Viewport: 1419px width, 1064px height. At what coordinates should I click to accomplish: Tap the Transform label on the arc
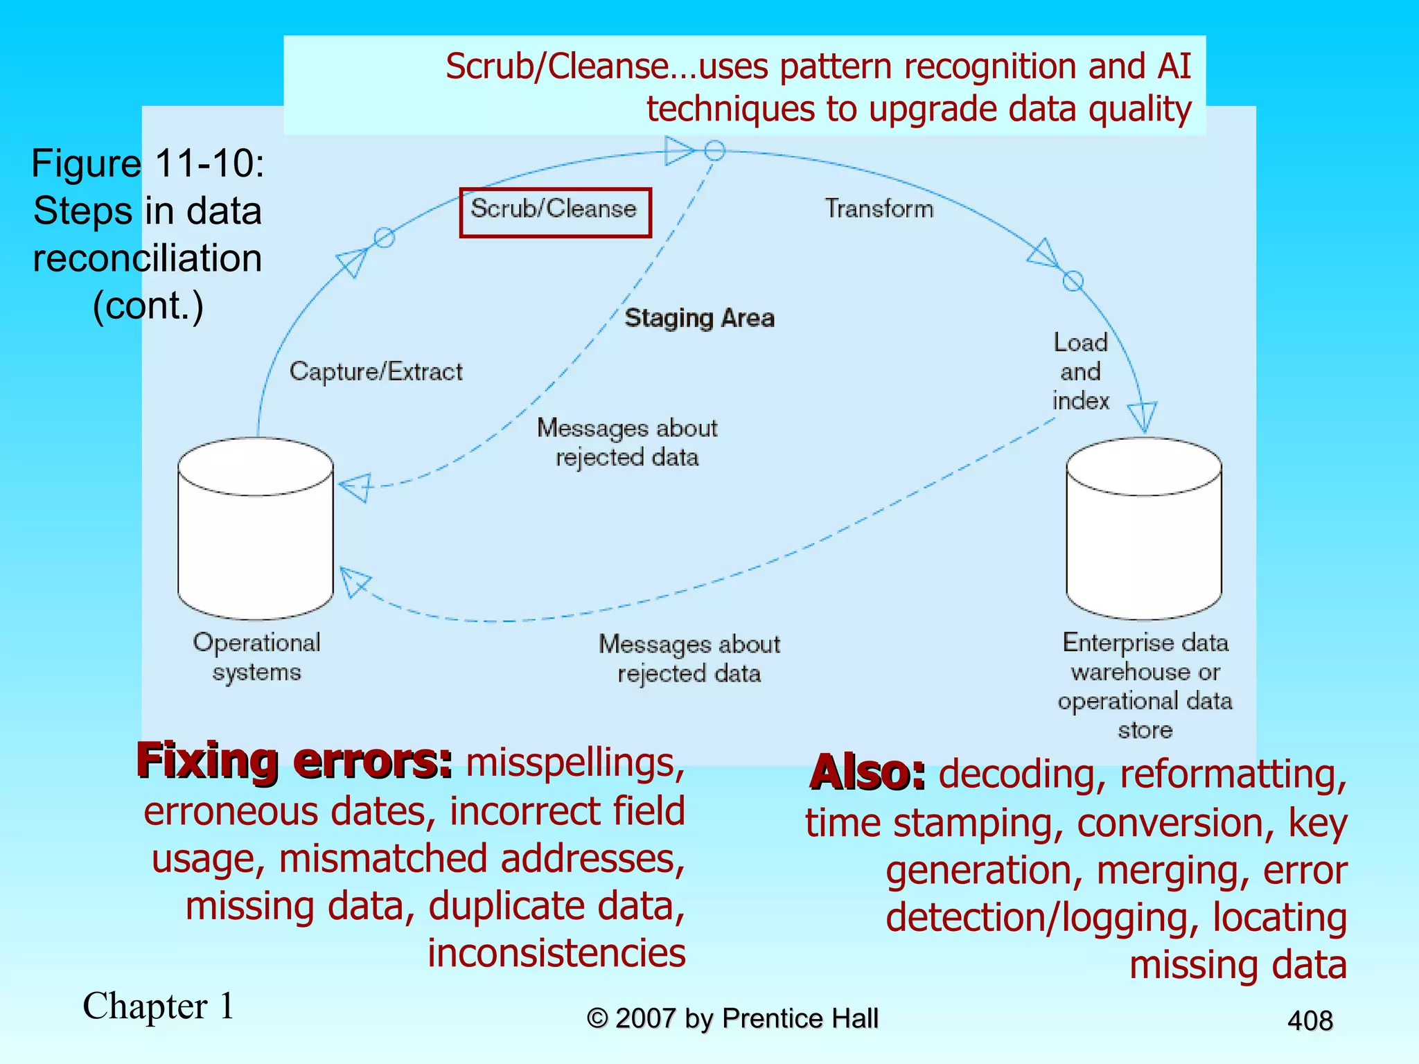click(x=879, y=209)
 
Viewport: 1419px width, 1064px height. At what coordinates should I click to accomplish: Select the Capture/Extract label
click(x=376, y=372)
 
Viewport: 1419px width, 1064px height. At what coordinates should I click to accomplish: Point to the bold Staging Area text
click(x=699, y=318)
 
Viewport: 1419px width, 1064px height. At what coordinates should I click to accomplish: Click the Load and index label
click(x=1080, y=372)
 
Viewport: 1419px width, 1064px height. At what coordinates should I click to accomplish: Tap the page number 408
click(x=1310, y=1020)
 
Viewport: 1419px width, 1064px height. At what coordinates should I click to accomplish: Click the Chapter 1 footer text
click(x=159, y=1006)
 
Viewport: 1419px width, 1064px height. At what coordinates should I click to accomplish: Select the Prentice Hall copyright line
click(x=732, y=1018)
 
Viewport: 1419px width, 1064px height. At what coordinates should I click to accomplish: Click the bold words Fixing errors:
click(x=294, y=761)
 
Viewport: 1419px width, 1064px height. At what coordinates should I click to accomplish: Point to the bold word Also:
click(x=867, y=772)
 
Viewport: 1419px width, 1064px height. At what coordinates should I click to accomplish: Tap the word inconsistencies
click(x=556, y=953)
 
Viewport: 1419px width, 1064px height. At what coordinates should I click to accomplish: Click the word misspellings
click(x=575, y=763)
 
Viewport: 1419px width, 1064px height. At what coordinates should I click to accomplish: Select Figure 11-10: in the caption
click(x=148, y=164)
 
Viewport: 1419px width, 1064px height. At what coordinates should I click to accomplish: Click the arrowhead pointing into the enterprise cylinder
click(x=1142, y=416)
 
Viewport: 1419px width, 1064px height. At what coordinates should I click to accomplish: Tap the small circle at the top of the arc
click(x=714, y=150)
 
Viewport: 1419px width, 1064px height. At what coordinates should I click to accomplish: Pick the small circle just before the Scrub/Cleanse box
click(x=385, y=238)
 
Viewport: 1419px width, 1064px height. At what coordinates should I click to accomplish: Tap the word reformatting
click(x=1233, y=774)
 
